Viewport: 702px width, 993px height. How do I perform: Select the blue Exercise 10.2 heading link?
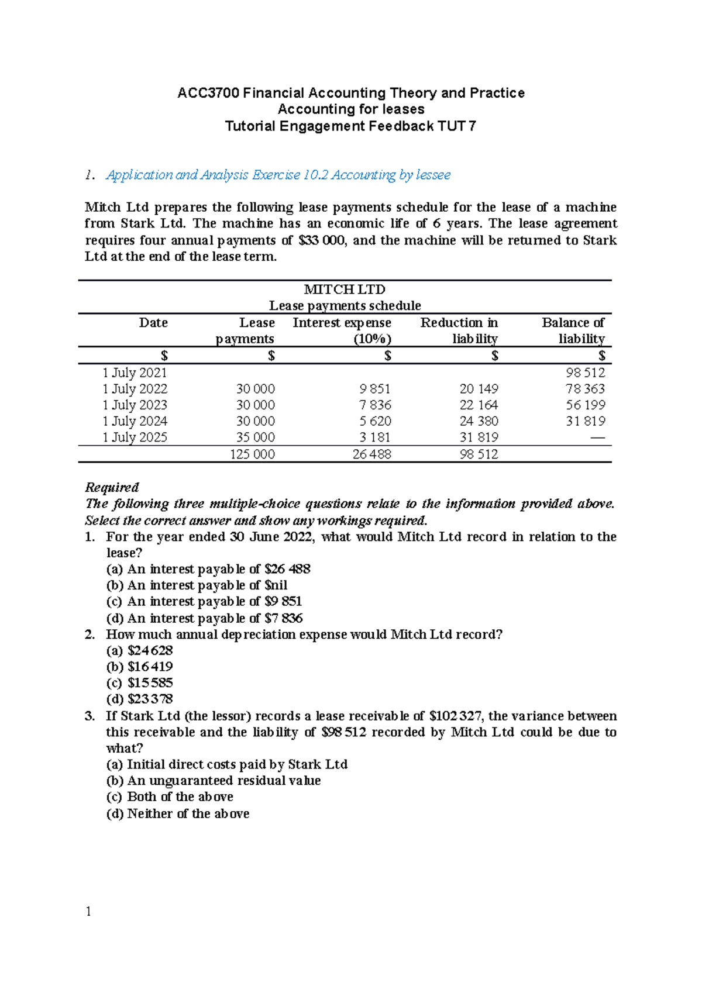tap(278, 175)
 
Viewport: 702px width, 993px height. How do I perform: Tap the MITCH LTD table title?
tap(345, 289)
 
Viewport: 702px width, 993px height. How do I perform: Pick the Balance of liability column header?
tap(573, 330)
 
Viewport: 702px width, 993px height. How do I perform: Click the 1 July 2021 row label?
tap(135, 373)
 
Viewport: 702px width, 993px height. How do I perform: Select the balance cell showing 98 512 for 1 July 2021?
tap(585, 373)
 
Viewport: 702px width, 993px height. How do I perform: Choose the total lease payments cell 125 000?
tap(252, 454)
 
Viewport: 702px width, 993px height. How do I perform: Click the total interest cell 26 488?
tap(371, 454)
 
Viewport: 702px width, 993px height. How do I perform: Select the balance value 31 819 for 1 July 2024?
tap(585, 421)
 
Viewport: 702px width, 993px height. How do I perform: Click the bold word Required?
tap(112, 487)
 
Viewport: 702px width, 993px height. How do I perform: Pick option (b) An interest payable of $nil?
tap(197, 585)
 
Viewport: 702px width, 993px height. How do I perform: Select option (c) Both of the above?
tap(170, 797)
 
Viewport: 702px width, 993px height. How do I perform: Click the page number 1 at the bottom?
tap(88, 912)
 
